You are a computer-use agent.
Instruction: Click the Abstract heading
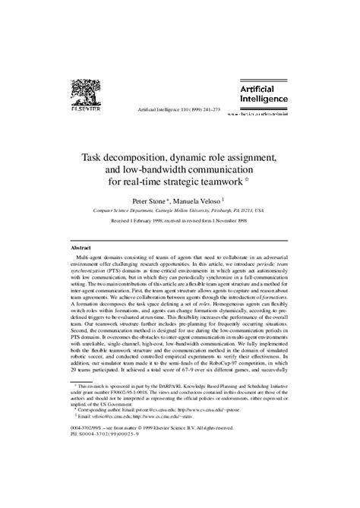click(81, 248)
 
